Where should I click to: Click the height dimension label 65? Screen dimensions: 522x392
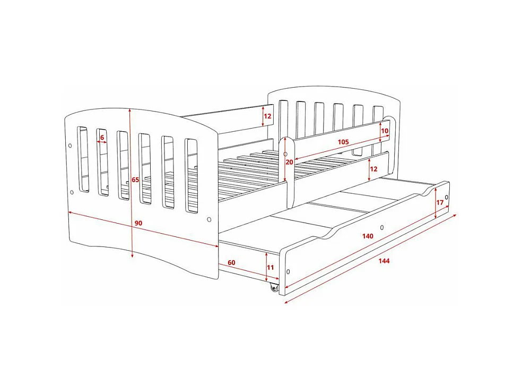coord(136,180)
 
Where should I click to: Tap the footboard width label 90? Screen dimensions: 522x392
coord(138,223)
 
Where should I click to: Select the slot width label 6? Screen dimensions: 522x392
coord(102,137)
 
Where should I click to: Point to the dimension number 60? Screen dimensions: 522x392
coord(231,263)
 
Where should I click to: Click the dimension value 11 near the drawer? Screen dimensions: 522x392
coord(271,267)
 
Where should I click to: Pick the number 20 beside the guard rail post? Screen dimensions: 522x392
coord(290,162)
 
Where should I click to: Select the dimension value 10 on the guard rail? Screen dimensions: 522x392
coord(385,131)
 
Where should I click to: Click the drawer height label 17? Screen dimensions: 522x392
coord(440,202)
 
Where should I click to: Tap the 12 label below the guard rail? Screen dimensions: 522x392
coord(373,169)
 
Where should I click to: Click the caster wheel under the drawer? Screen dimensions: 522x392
coord(274,287)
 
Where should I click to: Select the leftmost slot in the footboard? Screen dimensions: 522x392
coord(83,158)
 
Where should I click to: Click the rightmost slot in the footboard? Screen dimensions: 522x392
coord(192,176)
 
